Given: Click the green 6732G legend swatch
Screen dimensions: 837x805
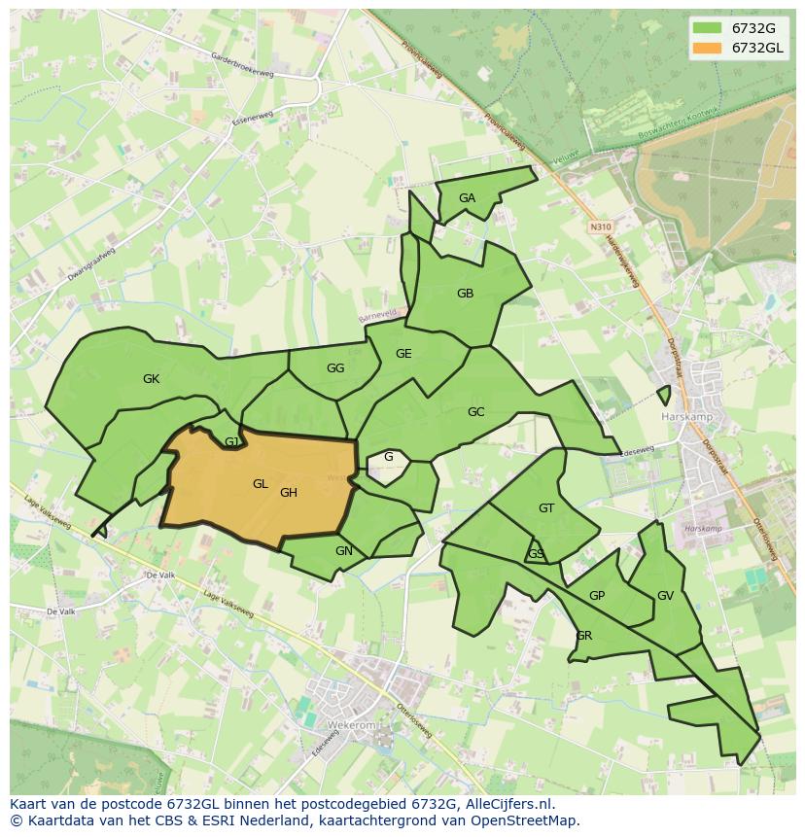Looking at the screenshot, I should [x=707, y=28].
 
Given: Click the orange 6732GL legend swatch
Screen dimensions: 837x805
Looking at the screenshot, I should [x=707, y=48].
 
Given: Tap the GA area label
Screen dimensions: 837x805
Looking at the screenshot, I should [x=467, y=198].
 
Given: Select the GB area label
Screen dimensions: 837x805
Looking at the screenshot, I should [x=465, y=294].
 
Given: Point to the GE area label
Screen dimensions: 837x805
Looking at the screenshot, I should [x=403, y=354].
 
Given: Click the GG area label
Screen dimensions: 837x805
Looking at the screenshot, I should [x=335, y=368].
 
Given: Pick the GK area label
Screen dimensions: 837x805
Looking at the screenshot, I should [x=151, y=379].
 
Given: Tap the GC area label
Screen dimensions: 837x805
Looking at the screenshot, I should [x=475, y=412].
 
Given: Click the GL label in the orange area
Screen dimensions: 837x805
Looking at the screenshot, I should [x=260, y=484].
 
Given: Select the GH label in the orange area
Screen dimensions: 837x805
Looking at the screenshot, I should [x=288, y=493].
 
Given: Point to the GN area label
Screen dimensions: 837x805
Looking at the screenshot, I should [x=343, y=551].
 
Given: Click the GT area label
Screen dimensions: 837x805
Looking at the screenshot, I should [x=546, y=508].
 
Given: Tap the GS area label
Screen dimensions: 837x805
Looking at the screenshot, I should [x=536, y=554].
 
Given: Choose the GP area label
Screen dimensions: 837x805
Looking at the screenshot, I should [x=597, y=596].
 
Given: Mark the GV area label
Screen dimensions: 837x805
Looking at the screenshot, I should [x=665, y=596].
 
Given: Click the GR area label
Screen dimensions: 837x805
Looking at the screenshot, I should [x=583, y=636].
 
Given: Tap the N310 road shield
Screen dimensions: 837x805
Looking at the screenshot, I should [x=600, y=227].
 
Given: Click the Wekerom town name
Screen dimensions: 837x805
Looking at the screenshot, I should [x=324, y=724].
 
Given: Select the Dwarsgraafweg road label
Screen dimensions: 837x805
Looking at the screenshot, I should [x=91, y=263].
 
